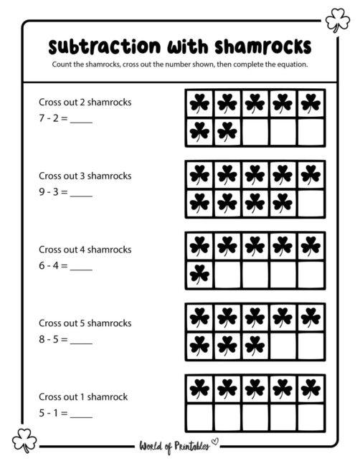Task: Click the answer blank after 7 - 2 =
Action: (81, 119)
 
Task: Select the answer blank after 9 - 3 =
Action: (81, 192)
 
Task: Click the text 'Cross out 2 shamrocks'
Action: (85, 102)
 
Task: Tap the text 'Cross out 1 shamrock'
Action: (84, 396)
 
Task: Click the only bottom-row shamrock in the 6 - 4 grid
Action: (200, 274)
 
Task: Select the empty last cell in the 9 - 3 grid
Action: (311, 203)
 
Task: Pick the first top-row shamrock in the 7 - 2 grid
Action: (200, 104)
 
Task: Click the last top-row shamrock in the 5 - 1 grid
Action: (311, 389)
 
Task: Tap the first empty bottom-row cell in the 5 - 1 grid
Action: (200, 416)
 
